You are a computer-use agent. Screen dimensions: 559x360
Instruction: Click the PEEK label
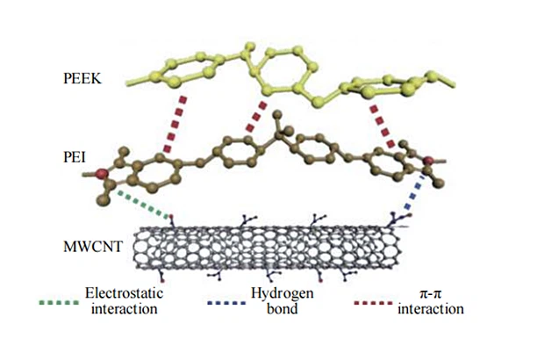[x=82, y=78]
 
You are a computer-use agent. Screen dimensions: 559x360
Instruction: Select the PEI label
[x=75, y=157]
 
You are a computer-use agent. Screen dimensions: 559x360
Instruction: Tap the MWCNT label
[x=93, y=247]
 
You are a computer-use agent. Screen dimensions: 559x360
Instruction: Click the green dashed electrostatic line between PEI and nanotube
[x=143, y=205]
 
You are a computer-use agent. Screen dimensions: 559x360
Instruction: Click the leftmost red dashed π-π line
[x=175, y=124]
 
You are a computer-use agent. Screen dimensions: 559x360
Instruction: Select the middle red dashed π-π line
[x=256, y=116]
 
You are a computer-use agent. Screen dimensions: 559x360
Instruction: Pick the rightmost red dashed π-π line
[x=383, y=126]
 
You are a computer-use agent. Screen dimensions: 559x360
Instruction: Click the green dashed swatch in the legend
[x=59, y=303]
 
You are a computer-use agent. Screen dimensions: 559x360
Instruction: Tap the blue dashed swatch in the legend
[x=226, y=303]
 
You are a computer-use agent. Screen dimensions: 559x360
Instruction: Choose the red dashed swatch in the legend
[x=373, y=303]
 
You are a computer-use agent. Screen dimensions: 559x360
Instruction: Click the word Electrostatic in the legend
[x=124, y=293]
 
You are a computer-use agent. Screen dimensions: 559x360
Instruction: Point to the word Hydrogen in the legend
[x=282, y=293]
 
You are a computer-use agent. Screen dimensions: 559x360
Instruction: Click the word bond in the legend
[x=282, y=308]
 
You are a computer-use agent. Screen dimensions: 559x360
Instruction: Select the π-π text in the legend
[x=430, y=293]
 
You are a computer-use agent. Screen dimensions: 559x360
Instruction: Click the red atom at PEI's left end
[x=103, y=174]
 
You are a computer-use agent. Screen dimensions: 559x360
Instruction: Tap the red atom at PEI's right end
[x=428, y=161]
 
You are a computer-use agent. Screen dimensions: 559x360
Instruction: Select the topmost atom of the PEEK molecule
[x=251, y=46]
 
